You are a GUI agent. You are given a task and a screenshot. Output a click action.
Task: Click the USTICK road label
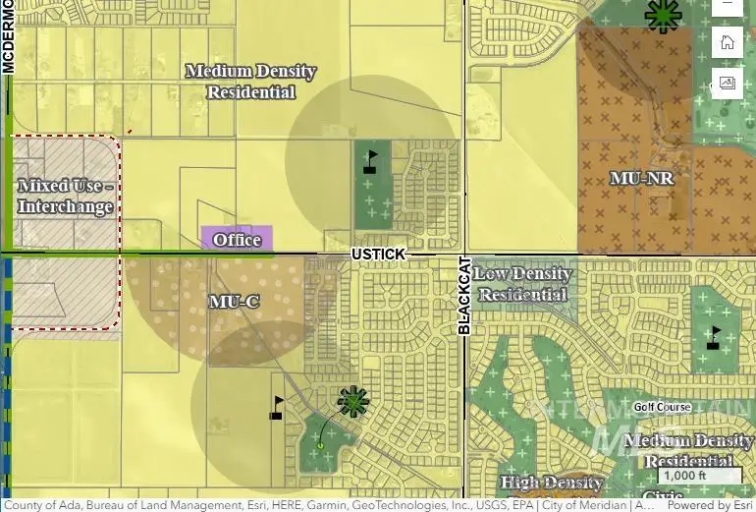pyautogui.click(x=378, y=255)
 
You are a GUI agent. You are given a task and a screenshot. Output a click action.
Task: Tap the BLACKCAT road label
pyautogui.click(x=465, y=296)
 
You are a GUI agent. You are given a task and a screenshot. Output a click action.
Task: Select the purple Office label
pyautogui.click(x=237, y=239)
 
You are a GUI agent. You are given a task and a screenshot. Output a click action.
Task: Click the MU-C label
pyautogui.click(x=234, y=301)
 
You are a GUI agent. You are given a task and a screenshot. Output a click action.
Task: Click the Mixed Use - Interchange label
pyautogui.click(x=65, y=197)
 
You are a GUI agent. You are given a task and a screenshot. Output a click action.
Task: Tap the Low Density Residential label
pyautogui.click(x=524, y=284)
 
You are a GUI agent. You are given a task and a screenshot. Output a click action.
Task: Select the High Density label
pyautogui.click(x=551, y=483)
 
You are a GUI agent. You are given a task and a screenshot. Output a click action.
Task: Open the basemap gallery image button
pyautogui.click(x=728, y=83)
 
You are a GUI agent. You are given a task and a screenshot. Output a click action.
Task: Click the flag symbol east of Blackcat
pyautogui.click(x=713, y=338)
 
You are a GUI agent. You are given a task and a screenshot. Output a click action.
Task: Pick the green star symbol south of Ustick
pyautogui.click(x=353, y=401)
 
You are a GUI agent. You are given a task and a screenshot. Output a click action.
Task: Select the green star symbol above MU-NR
pyautogui.click(x=663, y=15)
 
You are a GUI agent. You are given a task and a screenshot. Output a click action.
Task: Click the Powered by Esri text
pyautogui.click(x=711, y=505)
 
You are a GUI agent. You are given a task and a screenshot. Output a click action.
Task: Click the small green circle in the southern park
pyautogui.click(x=320, y=446)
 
